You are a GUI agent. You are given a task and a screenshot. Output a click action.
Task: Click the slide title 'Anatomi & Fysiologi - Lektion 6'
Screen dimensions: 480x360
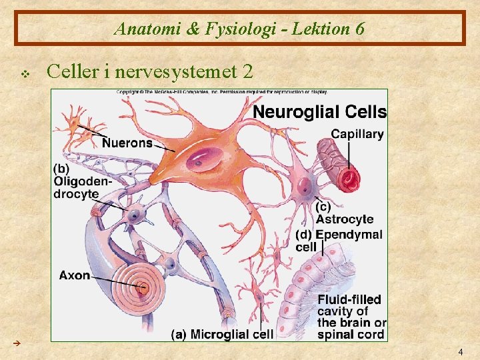(239, 29)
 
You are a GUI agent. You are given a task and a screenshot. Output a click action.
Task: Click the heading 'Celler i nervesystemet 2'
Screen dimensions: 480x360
(151, 70)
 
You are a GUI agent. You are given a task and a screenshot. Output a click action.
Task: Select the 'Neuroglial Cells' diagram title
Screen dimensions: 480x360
(319, 111)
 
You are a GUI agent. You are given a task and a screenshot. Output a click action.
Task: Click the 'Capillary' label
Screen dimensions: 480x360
(357, 134)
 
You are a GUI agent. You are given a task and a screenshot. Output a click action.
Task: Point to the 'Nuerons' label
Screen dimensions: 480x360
(127, 143)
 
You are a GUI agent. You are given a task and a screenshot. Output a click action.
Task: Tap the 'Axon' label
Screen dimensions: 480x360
(74, 275)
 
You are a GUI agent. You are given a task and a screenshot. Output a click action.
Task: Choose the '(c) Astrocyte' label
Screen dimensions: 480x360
(344, 213)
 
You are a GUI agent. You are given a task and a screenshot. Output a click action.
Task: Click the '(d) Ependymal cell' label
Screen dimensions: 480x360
(339, 241)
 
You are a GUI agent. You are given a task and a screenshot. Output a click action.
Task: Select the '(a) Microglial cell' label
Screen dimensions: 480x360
(223, 334)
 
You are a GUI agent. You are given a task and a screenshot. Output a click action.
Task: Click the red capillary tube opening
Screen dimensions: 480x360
(349, 178)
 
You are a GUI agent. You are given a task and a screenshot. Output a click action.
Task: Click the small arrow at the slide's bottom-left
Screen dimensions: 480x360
(18, 343)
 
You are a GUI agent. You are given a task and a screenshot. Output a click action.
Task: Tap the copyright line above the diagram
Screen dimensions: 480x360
(220, 92)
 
